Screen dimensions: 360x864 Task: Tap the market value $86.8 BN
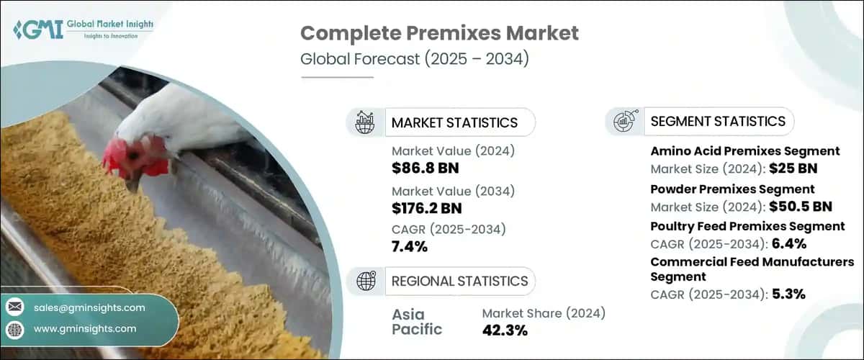425,168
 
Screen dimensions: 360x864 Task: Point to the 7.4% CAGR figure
410,247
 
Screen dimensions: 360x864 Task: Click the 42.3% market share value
505,330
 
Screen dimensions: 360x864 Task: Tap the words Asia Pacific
418,322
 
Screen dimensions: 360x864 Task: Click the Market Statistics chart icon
365,122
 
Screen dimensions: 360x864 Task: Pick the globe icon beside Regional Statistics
365,280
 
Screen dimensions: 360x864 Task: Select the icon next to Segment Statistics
624,121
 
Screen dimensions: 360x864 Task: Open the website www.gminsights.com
85,328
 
